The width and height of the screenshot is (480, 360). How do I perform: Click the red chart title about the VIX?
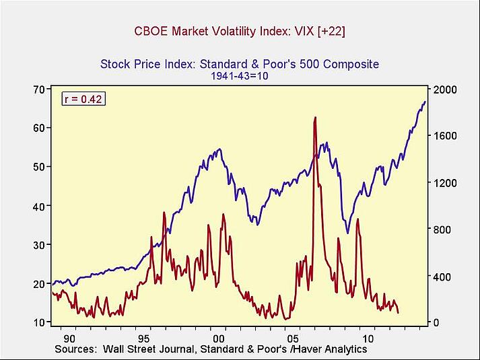click(240, 32)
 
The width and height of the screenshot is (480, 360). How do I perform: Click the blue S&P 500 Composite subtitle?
click(240, 65)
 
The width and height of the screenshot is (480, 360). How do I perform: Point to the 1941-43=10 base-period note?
click(240, 76)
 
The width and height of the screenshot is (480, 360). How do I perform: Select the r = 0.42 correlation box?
click(83, 99)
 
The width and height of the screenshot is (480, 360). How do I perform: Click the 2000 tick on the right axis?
click(445, 89)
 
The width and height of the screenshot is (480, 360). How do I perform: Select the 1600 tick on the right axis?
click(445, 136)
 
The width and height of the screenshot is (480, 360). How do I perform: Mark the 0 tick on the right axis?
click(436, 323)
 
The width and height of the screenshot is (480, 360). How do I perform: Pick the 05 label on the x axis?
click(292, 337)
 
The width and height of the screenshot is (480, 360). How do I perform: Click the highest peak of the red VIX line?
click(314, 118)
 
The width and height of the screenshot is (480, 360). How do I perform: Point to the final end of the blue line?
click(425, 102)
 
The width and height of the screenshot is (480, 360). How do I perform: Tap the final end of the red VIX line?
click(399, 313)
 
